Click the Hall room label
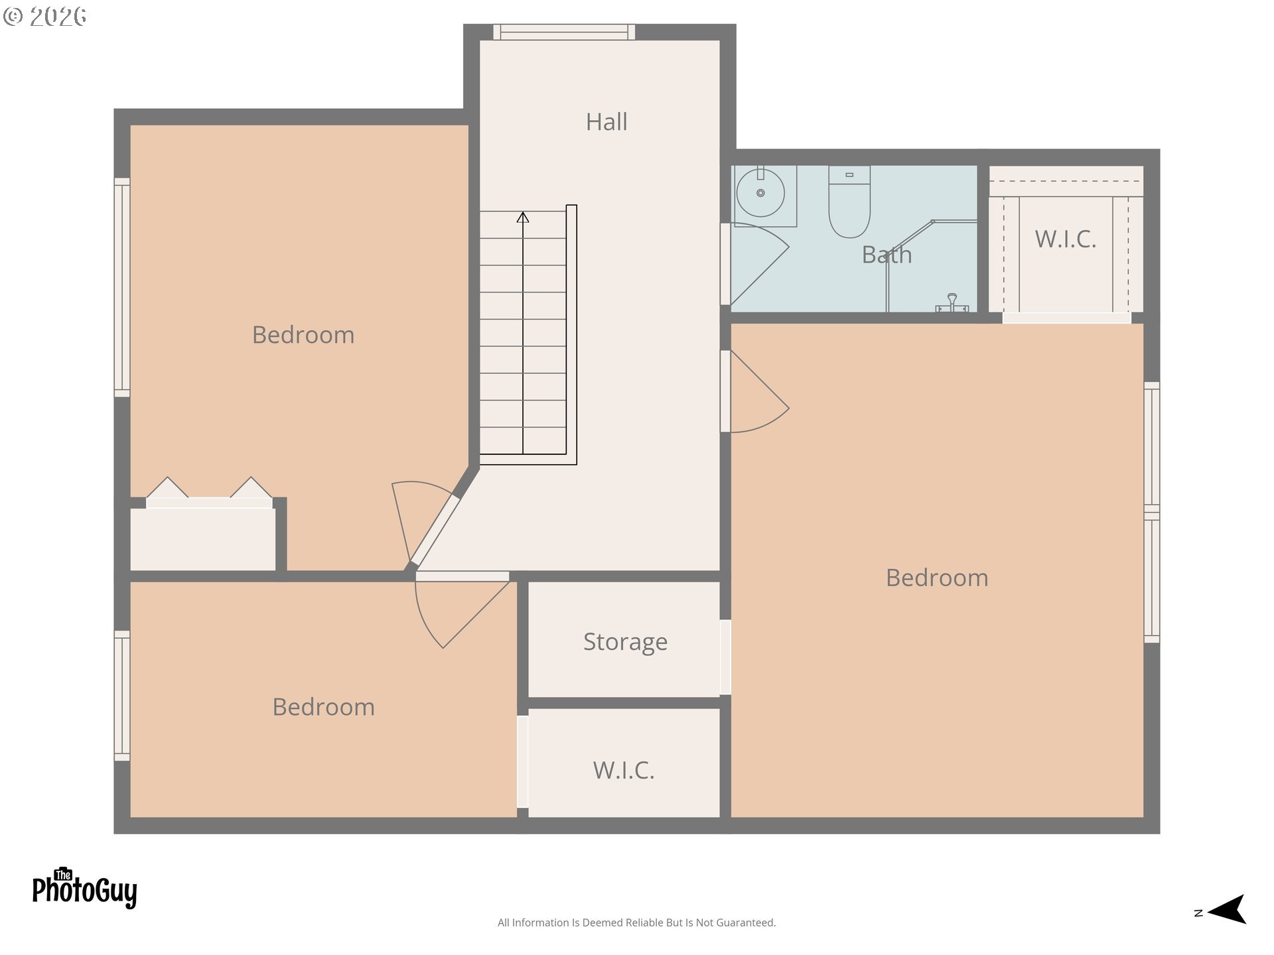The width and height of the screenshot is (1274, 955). [606, 122]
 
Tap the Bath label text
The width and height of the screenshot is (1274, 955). [886, 255]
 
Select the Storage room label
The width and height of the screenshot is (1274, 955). [625, 642]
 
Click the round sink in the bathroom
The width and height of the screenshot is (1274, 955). [760, 193]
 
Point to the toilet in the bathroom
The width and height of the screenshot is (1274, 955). [849, 202]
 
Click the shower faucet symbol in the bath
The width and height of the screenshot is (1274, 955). [952, 303]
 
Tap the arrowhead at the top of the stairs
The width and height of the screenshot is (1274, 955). [523, 217]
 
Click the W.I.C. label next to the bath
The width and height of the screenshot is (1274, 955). [1065, 239]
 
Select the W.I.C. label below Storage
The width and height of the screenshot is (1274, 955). [624, 771]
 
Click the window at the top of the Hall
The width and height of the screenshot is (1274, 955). [564, 32]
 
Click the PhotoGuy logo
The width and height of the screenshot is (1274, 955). [84, 888]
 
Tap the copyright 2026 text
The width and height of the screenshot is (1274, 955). [44, 17]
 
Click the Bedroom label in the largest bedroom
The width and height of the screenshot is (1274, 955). [937, 578]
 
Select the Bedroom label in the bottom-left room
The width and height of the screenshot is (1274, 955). [323, 707]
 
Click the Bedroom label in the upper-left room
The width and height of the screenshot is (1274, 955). [303, 335]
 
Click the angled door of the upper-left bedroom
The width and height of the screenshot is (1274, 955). [435, 530]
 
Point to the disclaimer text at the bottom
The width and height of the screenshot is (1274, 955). [636, 923]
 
